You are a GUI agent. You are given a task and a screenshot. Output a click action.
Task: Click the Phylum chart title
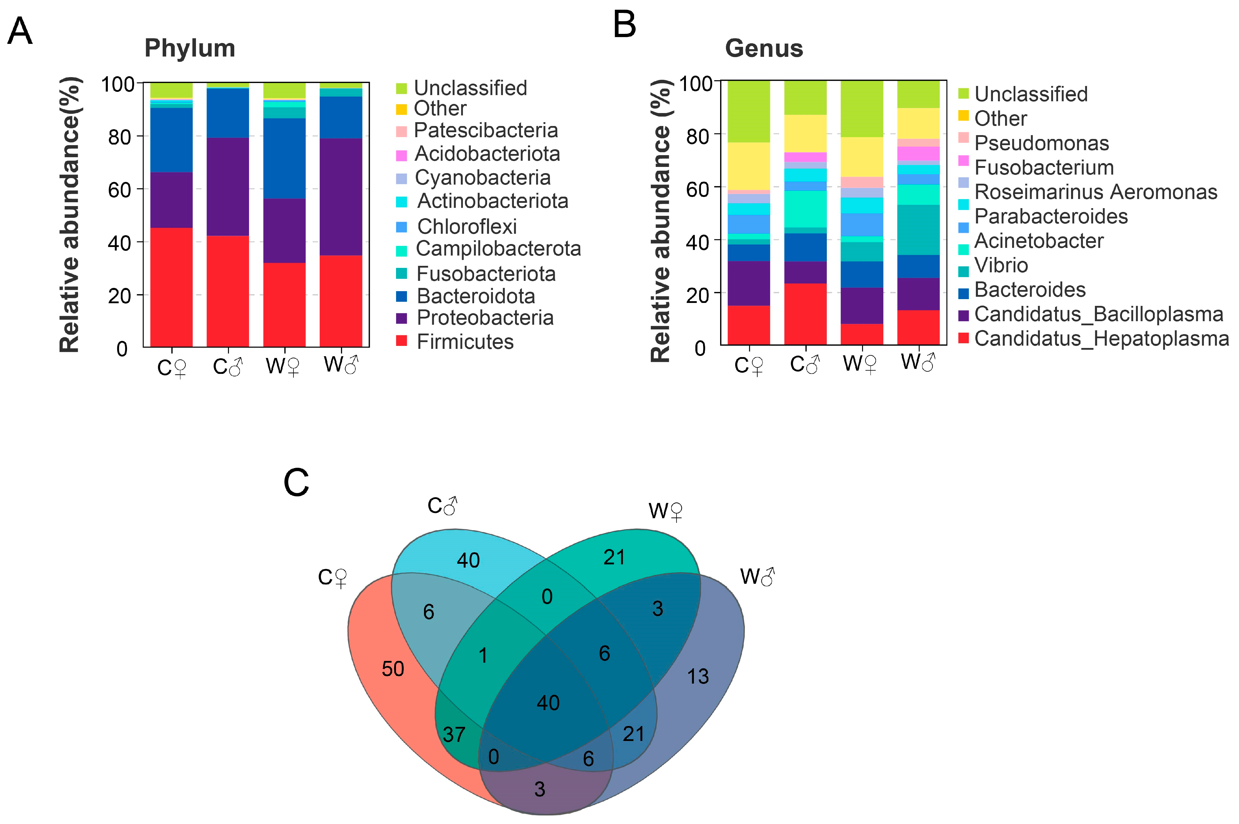coord(190,48)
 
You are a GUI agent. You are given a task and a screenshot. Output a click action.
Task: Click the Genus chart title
coord(764,48)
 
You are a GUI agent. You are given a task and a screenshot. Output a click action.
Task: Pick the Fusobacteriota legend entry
coord(485,274)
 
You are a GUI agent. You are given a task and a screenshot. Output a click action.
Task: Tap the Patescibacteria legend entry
coord(485,130)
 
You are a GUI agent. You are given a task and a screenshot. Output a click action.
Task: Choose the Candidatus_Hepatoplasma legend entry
coord(1101,339)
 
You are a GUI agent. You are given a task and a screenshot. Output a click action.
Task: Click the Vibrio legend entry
coord(1001,265)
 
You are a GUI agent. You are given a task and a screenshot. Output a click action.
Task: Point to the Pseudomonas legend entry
coord(1041,143)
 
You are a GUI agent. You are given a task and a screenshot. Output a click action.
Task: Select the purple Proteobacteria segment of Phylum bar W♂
coord(341,197)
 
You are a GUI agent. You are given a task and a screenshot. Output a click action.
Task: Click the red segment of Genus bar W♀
coord(862,334)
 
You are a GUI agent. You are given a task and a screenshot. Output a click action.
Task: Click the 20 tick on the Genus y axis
coord(698,295)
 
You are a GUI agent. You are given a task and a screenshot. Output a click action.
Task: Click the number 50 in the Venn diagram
coord(393,669)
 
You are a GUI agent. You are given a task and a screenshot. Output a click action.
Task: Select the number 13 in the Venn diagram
coord(698,676)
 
